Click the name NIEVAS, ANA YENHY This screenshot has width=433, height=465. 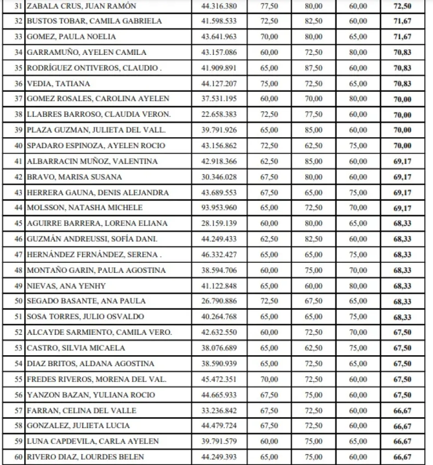coord(55,285)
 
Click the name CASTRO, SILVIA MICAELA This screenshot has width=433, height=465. coord(66,348)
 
